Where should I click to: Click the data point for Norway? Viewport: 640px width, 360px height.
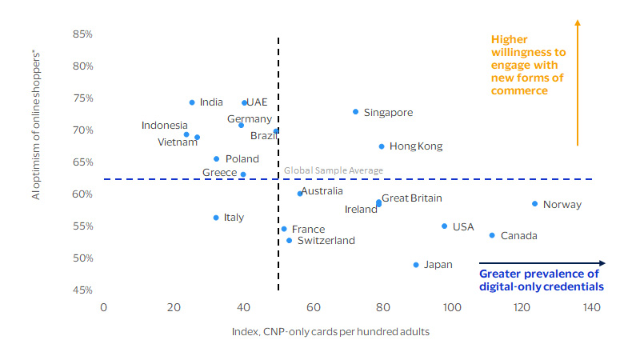pyautogui.click(x=534, y=204)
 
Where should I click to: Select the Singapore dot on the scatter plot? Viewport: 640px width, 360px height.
pyautogui.click(x=355, y=112)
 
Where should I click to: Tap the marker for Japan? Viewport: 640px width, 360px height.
pyautogui.click(x=416, y=265)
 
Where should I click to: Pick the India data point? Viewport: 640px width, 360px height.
pyautogui.click(x=192, y=102)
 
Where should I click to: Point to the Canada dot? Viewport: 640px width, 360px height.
pyautogui.click(x=492, y=235)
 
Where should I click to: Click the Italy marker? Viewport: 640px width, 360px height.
pyautogui.click(x=216, y=218)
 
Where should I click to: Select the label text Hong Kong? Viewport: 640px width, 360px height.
pyautogui.click(x=415, y=146)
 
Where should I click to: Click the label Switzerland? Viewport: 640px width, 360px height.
pyautogui.click(x=326, y=240)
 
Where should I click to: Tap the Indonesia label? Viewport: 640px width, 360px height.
pyautogui.click(x=165, y=126)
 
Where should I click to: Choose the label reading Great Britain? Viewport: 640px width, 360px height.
pyautogui.click(x=411, y=198)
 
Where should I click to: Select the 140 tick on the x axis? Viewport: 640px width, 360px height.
pyautogui.click(x=593, y=308)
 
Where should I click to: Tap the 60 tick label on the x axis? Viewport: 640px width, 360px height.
pyautogui.click(x=313, y=308)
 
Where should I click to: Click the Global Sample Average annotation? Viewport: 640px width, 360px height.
pyautogui.click(x=334, y=170)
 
